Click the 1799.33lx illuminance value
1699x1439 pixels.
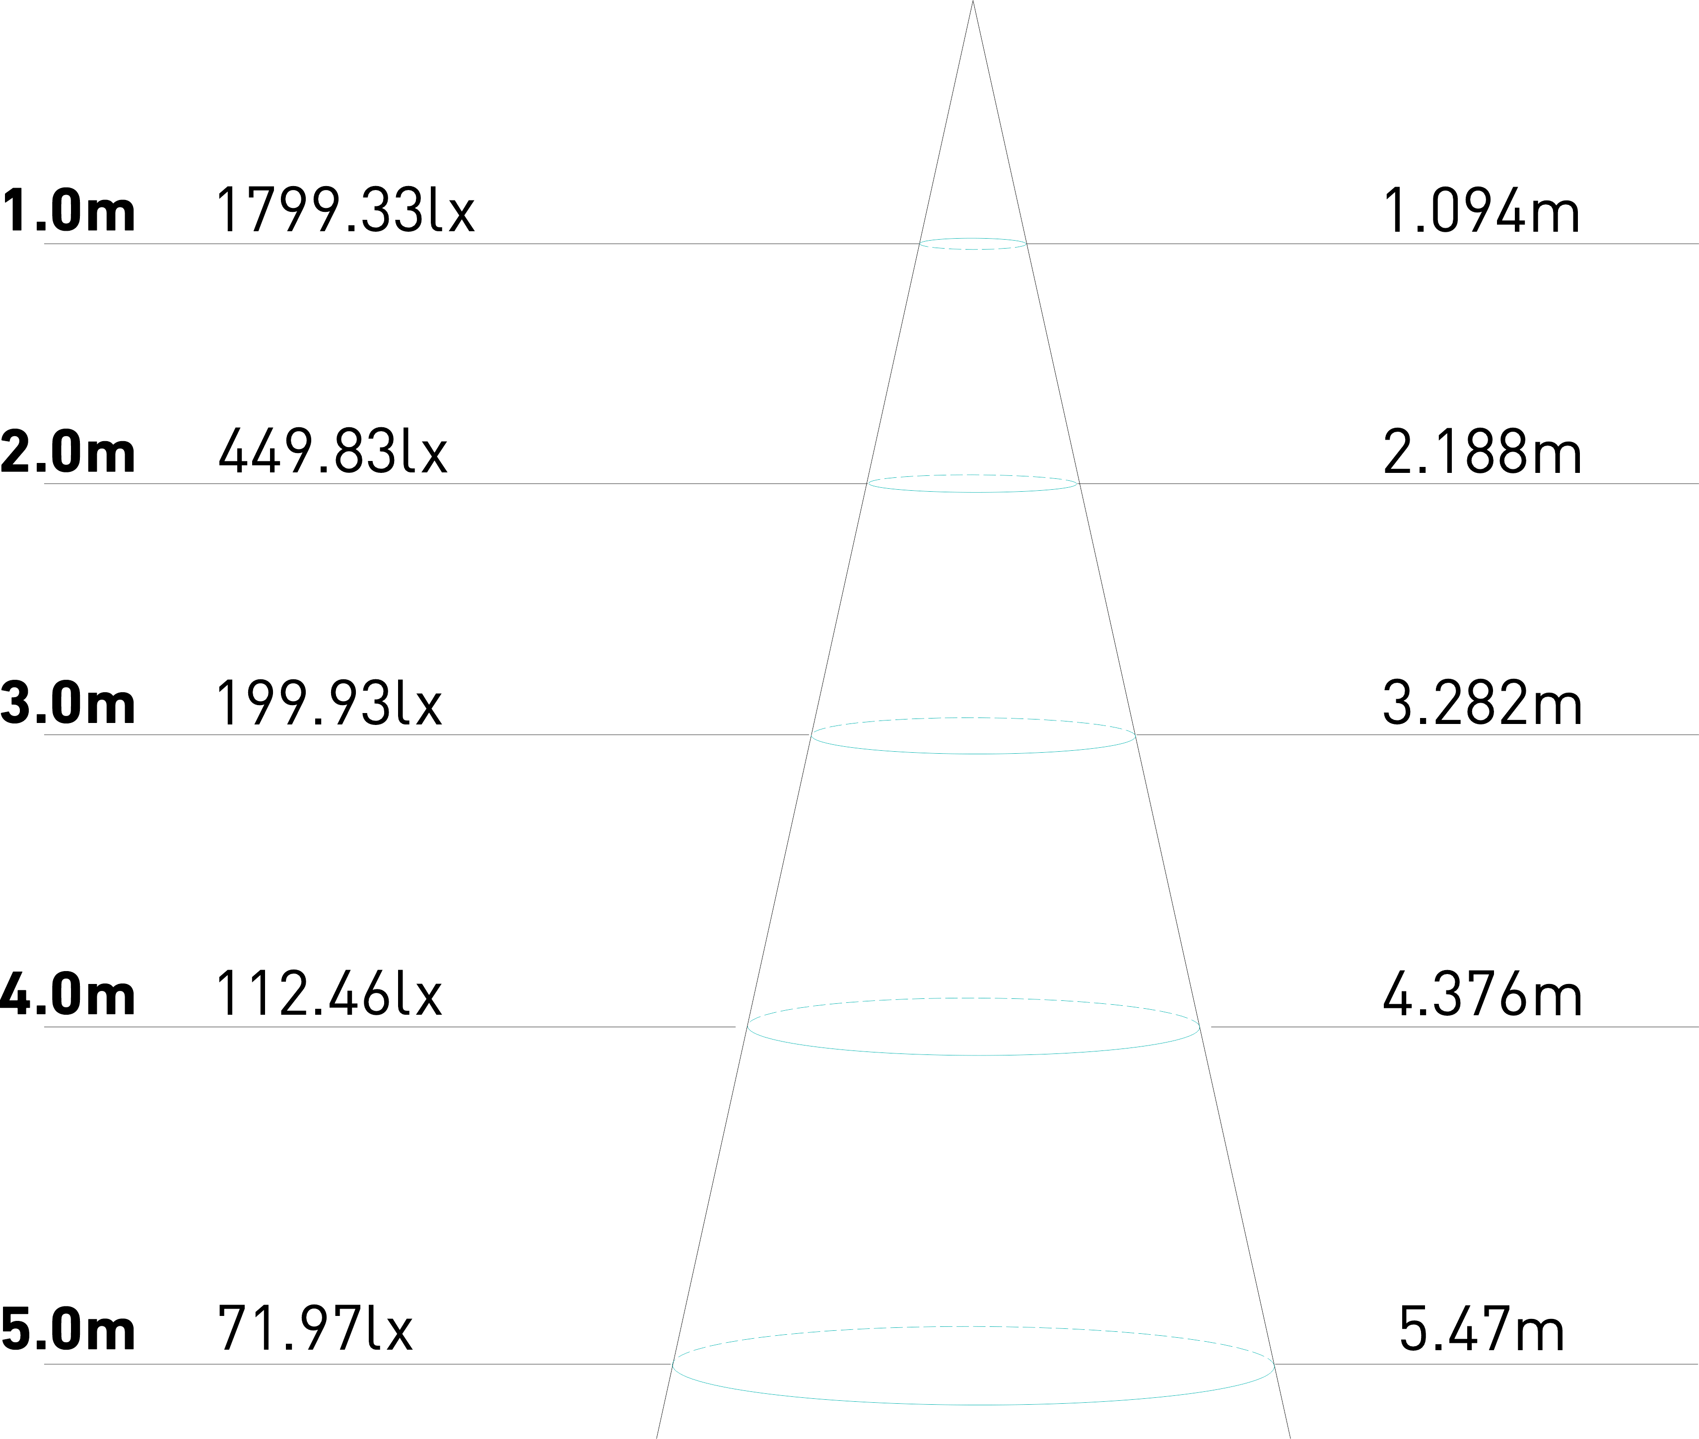(x=344, y=210)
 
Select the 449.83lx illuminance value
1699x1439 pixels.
(x=333, y=451)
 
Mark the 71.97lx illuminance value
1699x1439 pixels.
(x=315, y=1330)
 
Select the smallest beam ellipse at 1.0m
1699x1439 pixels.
(x=973, y=249)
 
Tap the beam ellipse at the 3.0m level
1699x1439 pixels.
(x=973, y=753)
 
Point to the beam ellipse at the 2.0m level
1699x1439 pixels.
(x=973, y=492)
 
